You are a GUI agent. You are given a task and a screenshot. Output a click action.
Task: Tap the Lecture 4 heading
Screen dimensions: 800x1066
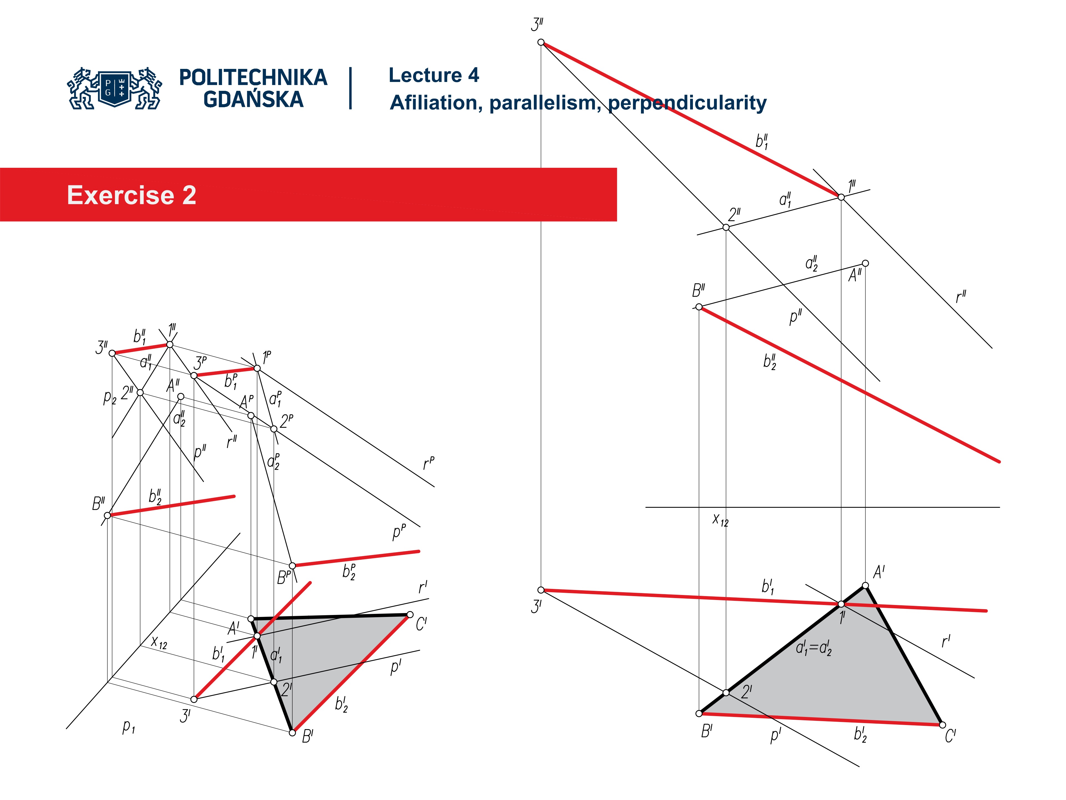coord(433,75)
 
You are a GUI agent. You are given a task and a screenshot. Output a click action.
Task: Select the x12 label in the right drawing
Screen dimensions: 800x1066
coord(720,520)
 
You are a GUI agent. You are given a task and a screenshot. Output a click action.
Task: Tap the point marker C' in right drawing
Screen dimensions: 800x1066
coord(943,725)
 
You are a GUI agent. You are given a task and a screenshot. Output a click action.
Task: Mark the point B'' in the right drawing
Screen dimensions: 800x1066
coord(699,307)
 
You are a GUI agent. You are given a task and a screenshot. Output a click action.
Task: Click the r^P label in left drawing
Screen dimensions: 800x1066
coord(428,464)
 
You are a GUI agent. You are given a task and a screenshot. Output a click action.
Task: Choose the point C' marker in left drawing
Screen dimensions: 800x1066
coord(410,614)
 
